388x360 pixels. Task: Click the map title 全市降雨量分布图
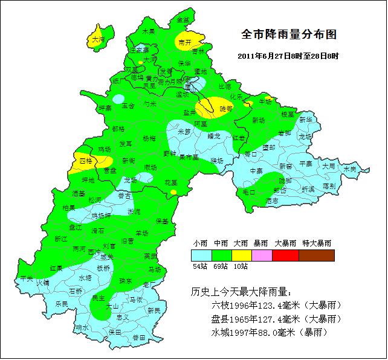click(x=288, y=34)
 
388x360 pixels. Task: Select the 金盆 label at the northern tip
click(x=183, y=20)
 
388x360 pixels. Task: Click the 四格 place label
click(x=86, y=161)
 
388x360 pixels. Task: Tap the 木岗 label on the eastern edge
click(x=350, y=169)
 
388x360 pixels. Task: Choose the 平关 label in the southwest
click(x=27, y=278)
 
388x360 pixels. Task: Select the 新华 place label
click(x=306, y=120)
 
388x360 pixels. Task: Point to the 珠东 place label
click(x=126, y=281)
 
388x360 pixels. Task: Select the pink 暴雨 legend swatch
click(x=262, y=256)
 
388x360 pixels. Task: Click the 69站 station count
click(x=221, y=266)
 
